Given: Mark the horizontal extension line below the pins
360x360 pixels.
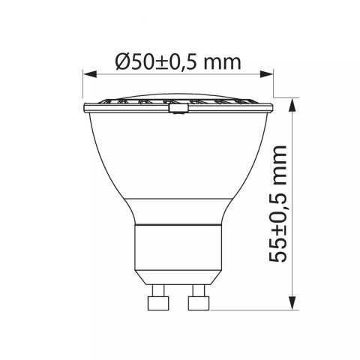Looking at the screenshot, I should pyautogui.click(x=247, y=310).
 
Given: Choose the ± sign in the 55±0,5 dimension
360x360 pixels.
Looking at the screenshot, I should pyautogui.click(x=279, y=226).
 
